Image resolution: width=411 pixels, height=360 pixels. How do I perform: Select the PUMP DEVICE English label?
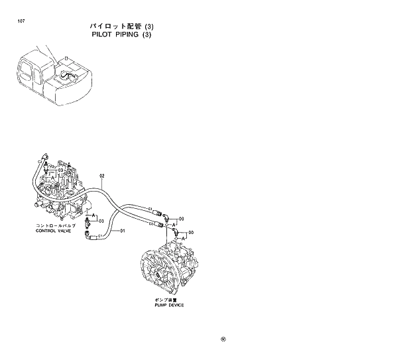(169, 305)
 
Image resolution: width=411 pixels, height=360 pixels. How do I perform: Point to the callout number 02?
(102, 176)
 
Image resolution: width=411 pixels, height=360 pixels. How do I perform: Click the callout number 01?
(123, 230)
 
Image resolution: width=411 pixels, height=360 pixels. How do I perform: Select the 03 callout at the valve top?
(60, 170)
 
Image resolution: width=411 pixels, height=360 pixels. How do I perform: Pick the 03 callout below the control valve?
(101, 221)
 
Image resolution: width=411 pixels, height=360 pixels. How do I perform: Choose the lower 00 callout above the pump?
(191, 233)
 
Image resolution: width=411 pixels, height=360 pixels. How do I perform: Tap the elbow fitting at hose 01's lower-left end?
(89, 231)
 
